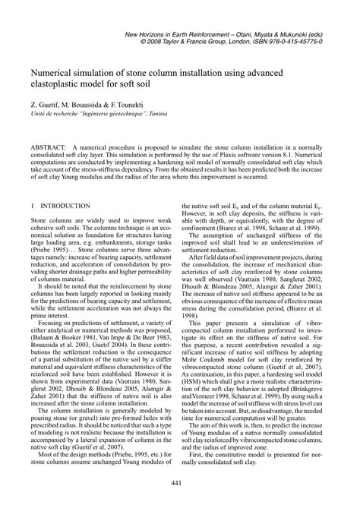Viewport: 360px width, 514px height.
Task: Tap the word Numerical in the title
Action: tap(54, 67)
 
